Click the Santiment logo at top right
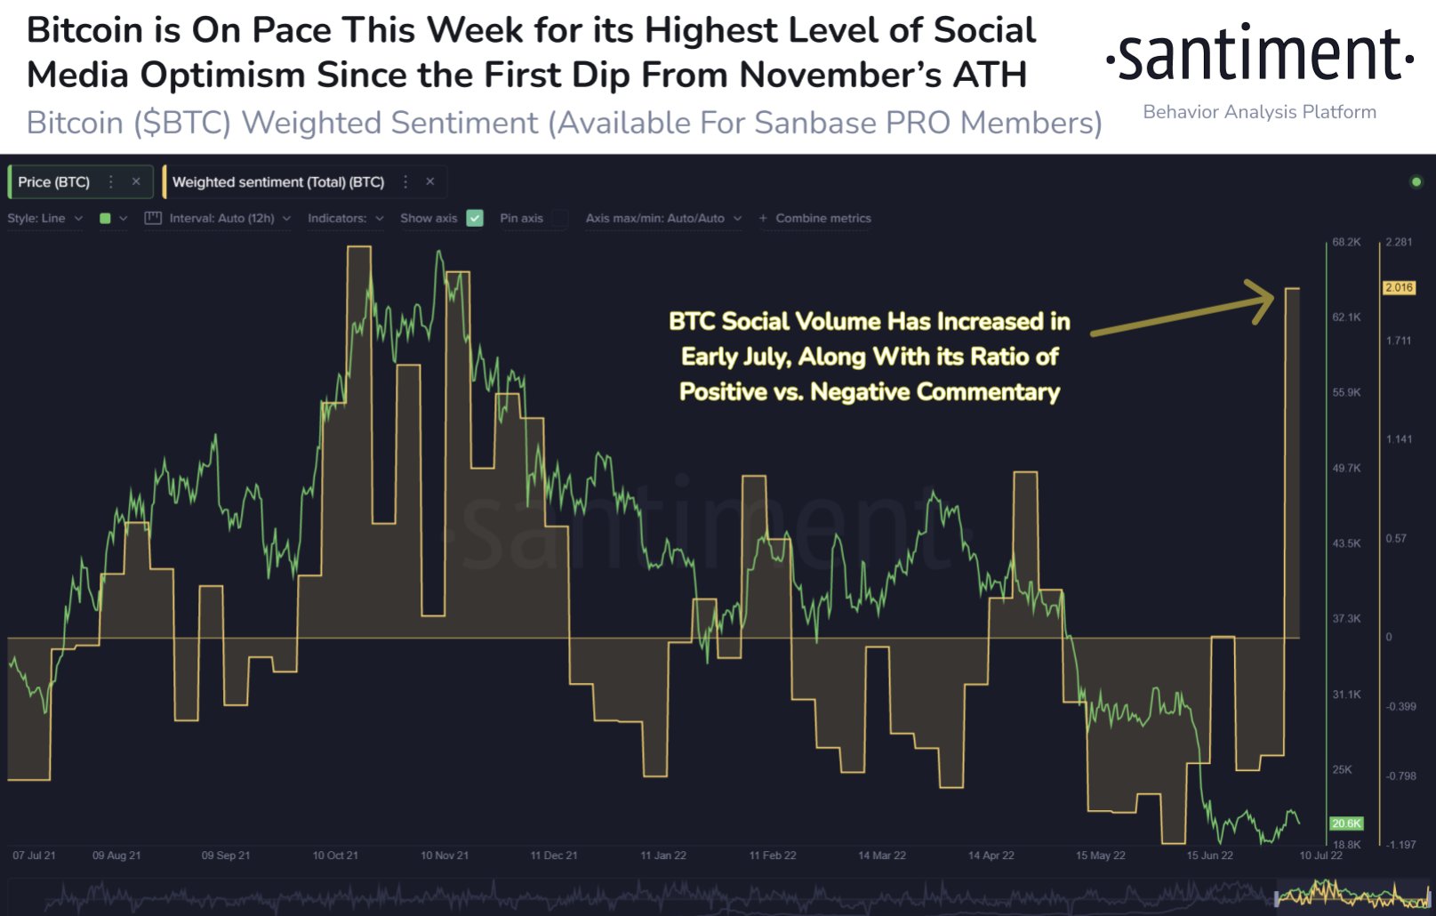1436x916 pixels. click(x=1259, y=55)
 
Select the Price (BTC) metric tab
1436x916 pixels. click(x=54, y=181)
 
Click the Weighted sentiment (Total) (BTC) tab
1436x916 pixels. click(x=277, y=181)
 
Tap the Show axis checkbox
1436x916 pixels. click(x=475, y=218)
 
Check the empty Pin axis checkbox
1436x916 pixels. click(x=560, y=218)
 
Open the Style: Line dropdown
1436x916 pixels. click(x=44, y=218)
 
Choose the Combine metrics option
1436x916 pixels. click(x=815, y=218)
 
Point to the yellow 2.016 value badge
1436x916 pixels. click(x=1399, y=287)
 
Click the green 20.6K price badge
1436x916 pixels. click(x=1346, y=824)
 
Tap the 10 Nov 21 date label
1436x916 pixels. click(x=445, y=856)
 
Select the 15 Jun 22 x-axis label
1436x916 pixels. click(x=1209, y=856)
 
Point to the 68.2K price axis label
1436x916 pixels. click(x=1346, y=242)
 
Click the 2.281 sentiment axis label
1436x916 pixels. click(x=1399, y=242)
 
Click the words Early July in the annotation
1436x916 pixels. click(x=735, y=357)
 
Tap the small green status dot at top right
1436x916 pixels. click(x=1416, y=182)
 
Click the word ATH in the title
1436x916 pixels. click(x=990, y=75)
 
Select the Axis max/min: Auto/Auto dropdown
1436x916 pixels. click(x=663, y=218)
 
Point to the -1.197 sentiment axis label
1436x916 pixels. click(x=1401, y=845)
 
